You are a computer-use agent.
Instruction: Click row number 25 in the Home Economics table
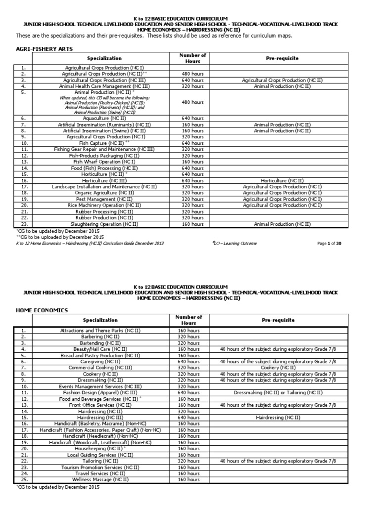tap(27, 479)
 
